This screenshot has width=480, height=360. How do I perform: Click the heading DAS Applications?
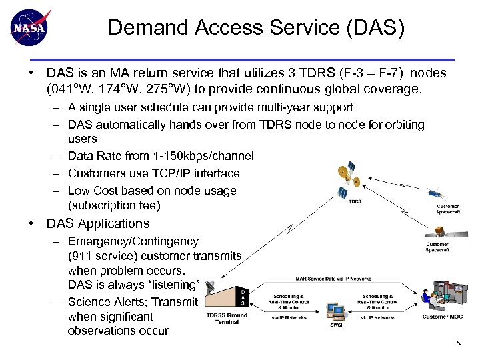[97, 224]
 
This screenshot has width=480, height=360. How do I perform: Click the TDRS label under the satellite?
[355, 201]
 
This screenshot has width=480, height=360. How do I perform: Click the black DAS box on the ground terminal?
[243, 297]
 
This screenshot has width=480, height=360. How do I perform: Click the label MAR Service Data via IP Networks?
[333, 279]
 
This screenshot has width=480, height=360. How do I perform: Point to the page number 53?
[460, 343]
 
